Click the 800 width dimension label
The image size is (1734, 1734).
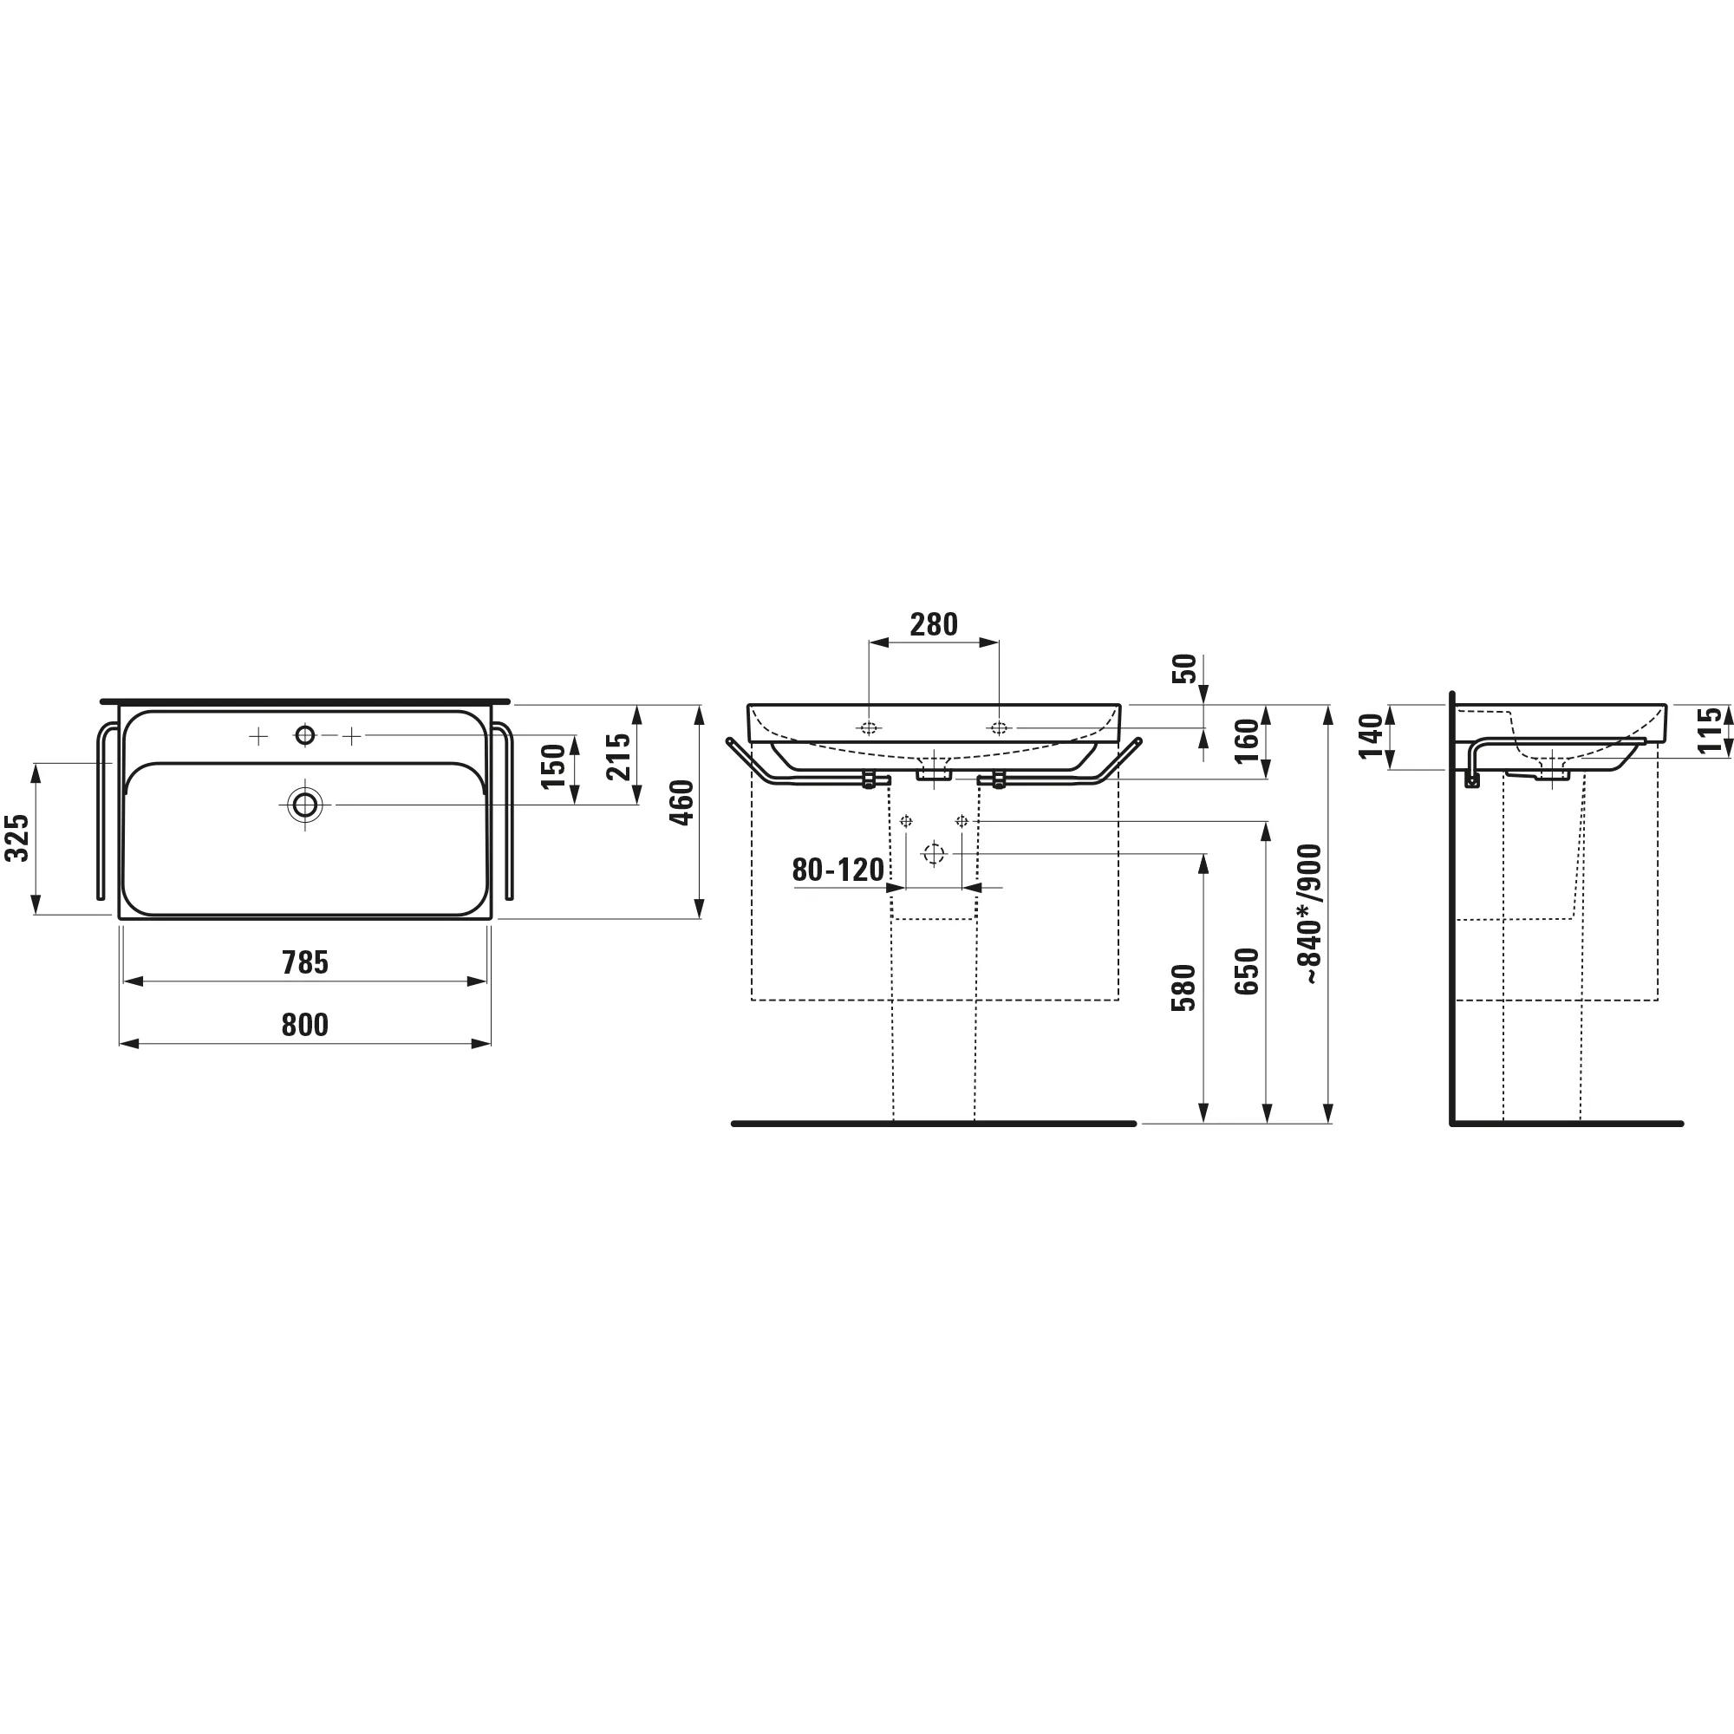305,1024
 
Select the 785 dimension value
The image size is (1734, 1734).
305,962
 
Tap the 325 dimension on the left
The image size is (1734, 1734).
18,838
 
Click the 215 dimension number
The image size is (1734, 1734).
619,757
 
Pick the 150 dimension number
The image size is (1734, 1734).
554,766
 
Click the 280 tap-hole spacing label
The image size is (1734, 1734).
934,623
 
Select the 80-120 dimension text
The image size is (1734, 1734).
838,870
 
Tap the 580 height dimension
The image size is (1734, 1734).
1183,988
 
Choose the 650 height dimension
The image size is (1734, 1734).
1247,971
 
